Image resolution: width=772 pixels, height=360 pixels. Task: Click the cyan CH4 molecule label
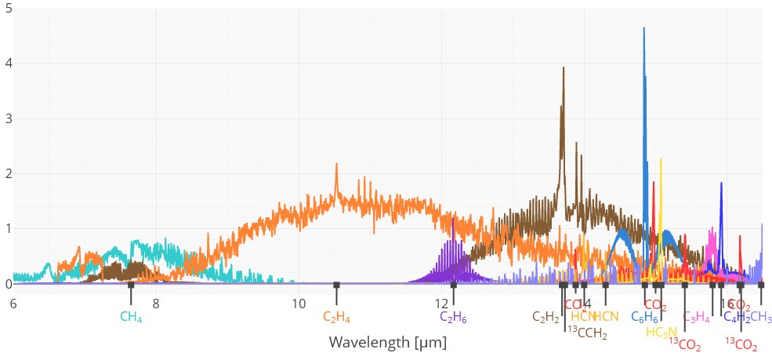tap(131, 317)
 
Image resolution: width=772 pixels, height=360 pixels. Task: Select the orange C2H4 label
tap(336, 318)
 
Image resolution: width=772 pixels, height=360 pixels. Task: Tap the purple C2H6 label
tap(453, 318)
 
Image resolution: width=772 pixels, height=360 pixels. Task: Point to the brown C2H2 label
tap(545, 318)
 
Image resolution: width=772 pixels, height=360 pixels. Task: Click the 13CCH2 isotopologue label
tap(587, 333)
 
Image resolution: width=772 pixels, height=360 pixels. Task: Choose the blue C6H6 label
tap(644, 318)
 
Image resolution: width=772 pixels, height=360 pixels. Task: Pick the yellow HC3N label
tap(661, 333)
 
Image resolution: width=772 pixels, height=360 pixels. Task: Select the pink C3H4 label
tap(696, 318)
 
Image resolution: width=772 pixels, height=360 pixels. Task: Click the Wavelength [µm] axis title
tap(387, 343)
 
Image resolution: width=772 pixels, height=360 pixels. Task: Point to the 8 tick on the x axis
tap(156, 304)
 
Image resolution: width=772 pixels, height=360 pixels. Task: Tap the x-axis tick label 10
tap(299, 304)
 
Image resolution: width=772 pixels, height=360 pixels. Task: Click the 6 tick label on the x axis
tap(13, 304)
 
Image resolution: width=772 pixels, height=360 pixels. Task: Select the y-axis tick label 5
tap(6, 9)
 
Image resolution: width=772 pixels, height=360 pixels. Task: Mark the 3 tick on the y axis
tap(6, 118)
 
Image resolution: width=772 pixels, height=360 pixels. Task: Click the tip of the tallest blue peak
tap(644, 28)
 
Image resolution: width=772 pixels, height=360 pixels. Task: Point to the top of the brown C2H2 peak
tap(563, 67)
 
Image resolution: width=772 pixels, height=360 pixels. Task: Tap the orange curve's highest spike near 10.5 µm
tap(336, 164)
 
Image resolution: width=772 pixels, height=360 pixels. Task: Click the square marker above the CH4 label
tap(131, 285)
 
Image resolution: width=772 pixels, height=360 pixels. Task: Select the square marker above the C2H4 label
tap(336, 285)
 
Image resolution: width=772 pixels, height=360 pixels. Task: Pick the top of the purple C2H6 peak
tap(453, 219)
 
